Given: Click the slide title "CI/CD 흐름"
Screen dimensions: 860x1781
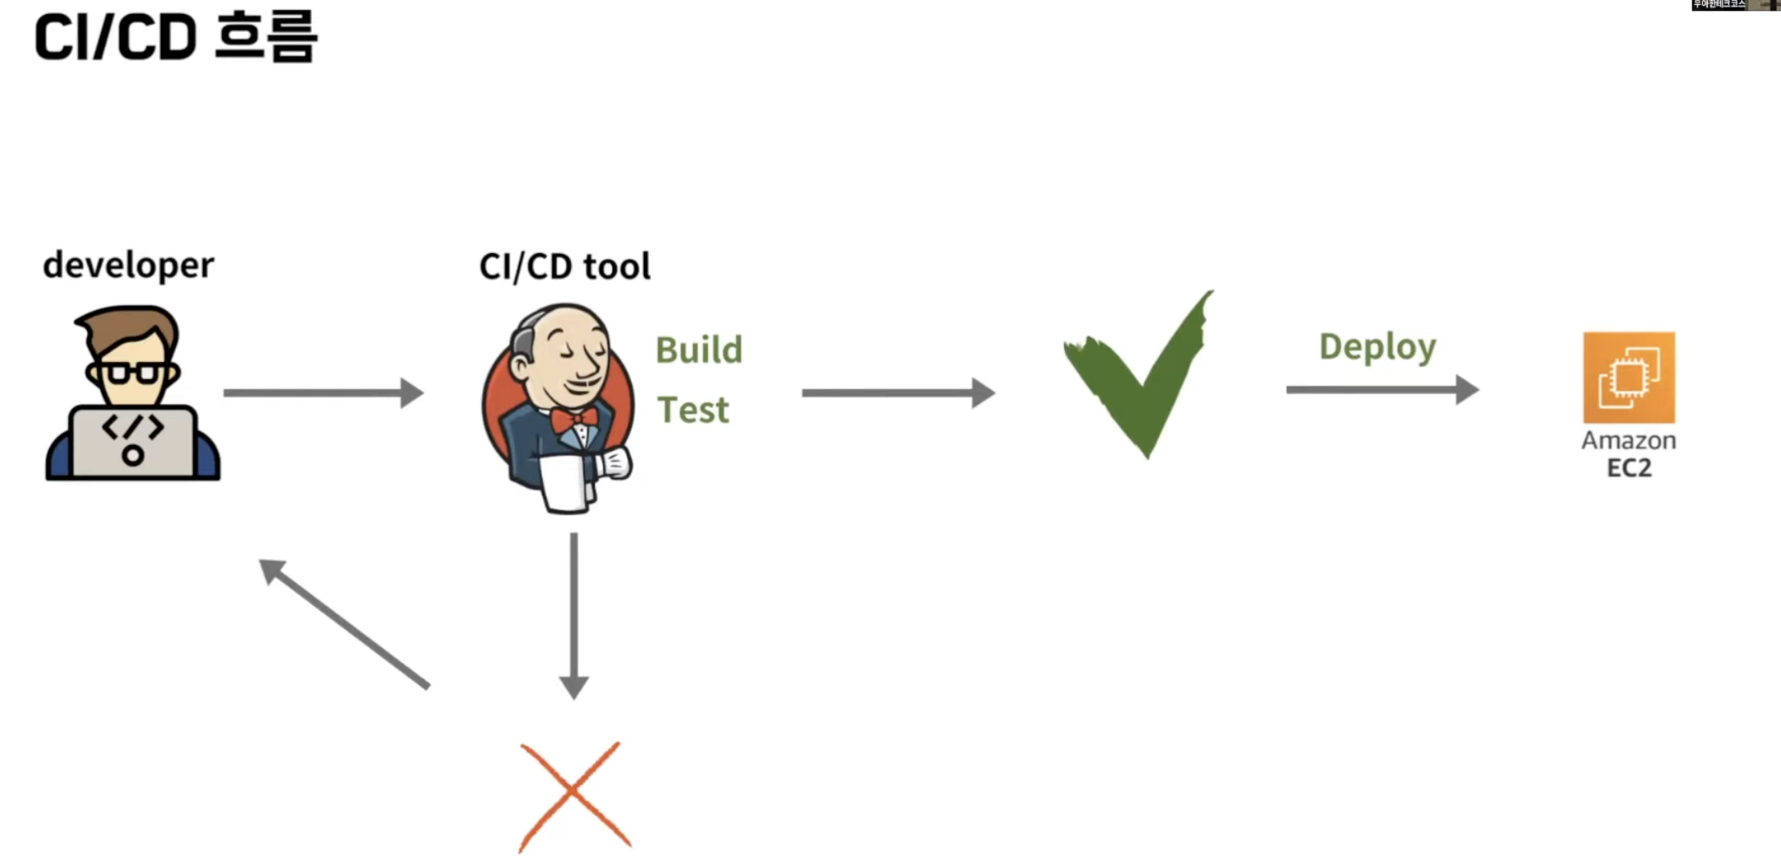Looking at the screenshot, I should pyautogui.click(x=175, y=37).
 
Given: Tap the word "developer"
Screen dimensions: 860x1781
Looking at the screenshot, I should pyautogui.click(x=129, y=266).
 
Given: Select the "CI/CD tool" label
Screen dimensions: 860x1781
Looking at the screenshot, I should pyautogui.click(x=564, y=266).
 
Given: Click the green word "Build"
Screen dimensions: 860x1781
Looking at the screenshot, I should pyautogui.click(x=699, y=350).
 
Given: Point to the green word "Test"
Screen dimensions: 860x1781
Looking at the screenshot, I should pyautogui.click(x=693, y=410).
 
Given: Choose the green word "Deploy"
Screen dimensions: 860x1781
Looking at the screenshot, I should pyautogui.click(x=1377, y=347).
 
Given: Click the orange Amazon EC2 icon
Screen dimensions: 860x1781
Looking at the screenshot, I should pyautogui.click(x=1628, y=378).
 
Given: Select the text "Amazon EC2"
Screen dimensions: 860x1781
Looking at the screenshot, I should pyautogui.click(x=1628, y=454).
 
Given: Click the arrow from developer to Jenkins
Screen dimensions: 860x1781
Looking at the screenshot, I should pyautogui.click(x=324, y=393).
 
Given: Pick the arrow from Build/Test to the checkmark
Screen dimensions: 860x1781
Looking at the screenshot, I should pyautogui.click(x=898, y=393).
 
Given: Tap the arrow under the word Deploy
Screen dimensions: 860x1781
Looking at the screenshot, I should pyautogui.click(x=1382, y=389).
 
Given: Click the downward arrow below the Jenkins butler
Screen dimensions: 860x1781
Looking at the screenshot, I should pyautogui.click(x=573, y=614).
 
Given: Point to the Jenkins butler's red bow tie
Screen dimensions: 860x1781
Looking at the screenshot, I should pyautogui.click(x=575, y=418).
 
